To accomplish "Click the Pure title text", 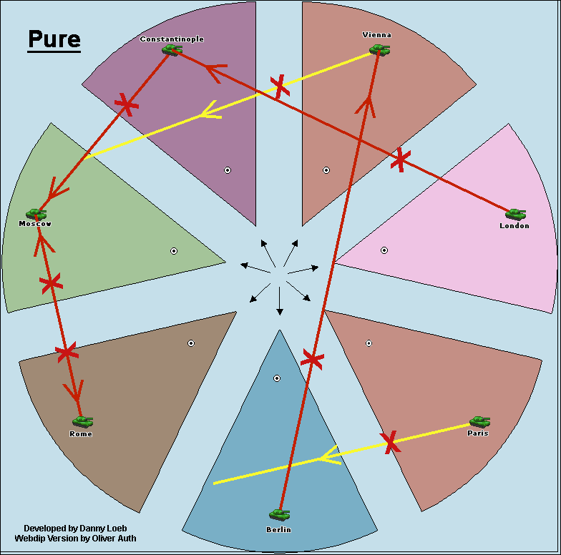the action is click(54, 39).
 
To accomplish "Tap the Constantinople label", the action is click(172, 39).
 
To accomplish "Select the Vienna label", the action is click(377, 35).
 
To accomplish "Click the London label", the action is click(514, 226).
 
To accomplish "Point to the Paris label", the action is click(478, 433).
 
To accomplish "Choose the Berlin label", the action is click(279, 530).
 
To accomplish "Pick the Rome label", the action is click(81, 434).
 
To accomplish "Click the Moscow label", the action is click(35, 224).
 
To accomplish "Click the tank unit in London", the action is click(515, 213).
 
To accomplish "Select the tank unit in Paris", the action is click(479, 421).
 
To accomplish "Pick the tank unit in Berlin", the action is click(279, 514).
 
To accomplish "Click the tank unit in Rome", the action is click(82, 421).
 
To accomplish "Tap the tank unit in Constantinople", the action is click(171, 49).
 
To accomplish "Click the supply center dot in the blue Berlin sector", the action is click(277, 378).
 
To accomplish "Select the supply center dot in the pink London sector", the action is click(384, 250).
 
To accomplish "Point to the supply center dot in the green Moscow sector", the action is click(174, 250).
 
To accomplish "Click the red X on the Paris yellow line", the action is click(390, 442).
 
